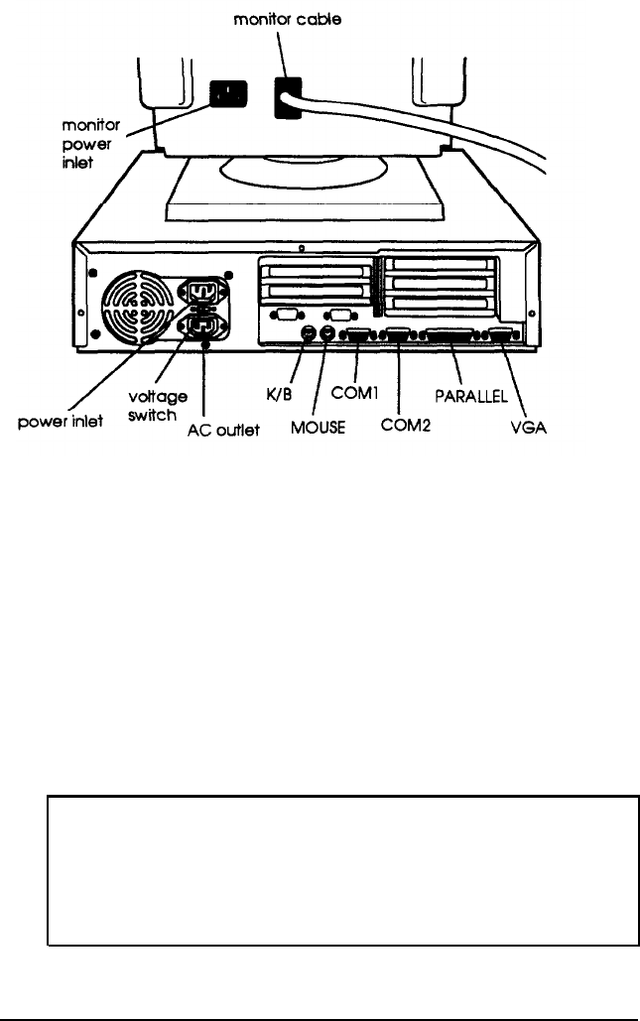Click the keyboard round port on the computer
point(310,334)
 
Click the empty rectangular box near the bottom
point(342,870)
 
